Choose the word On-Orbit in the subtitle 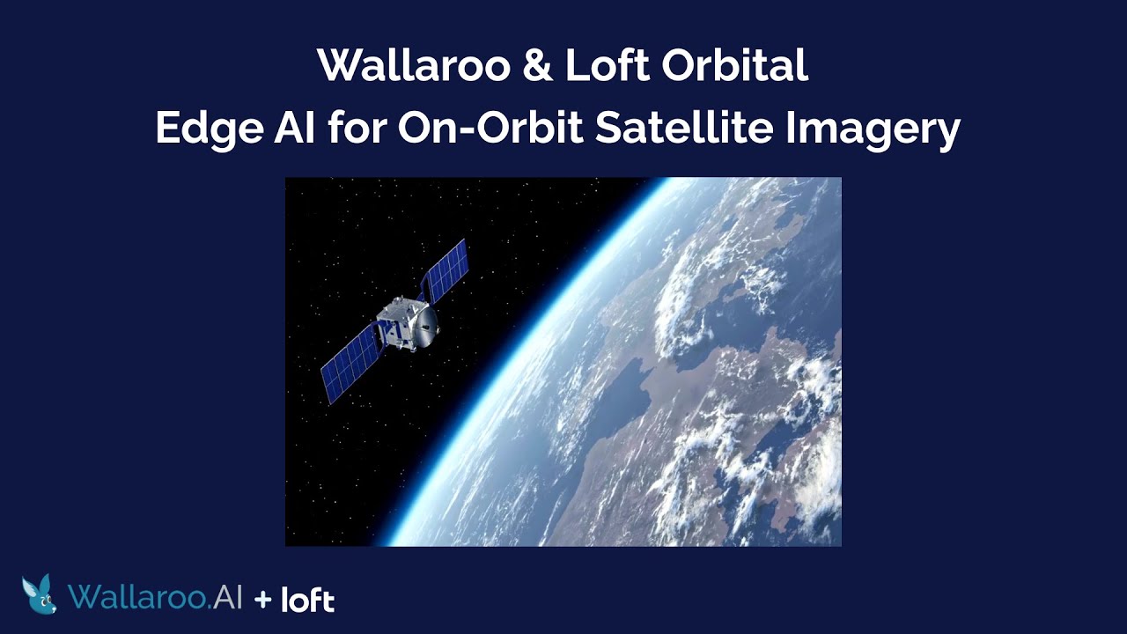[x=490, y=129]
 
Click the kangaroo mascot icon [x=40, y=594]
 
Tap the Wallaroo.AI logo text [x=155, y=597]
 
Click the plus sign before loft [x=262, y=600]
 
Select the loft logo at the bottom [x=307, y=600]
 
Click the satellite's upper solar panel [x=445, y=270]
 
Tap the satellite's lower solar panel [x=350, y=365]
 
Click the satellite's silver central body [x=398, y=325]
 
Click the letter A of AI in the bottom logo [x=221, y=597]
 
